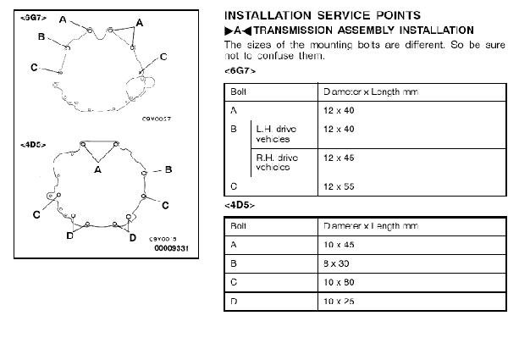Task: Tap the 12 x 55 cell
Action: tap(338, 186)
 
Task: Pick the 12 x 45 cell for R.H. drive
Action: tap(338, 158)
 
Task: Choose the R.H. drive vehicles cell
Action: tap(273, 162)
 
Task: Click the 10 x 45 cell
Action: tap(338, 245)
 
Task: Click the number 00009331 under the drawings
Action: tap(171, 249)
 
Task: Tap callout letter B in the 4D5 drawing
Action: tap(169, 169)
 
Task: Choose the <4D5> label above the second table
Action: tap(239, 206)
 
